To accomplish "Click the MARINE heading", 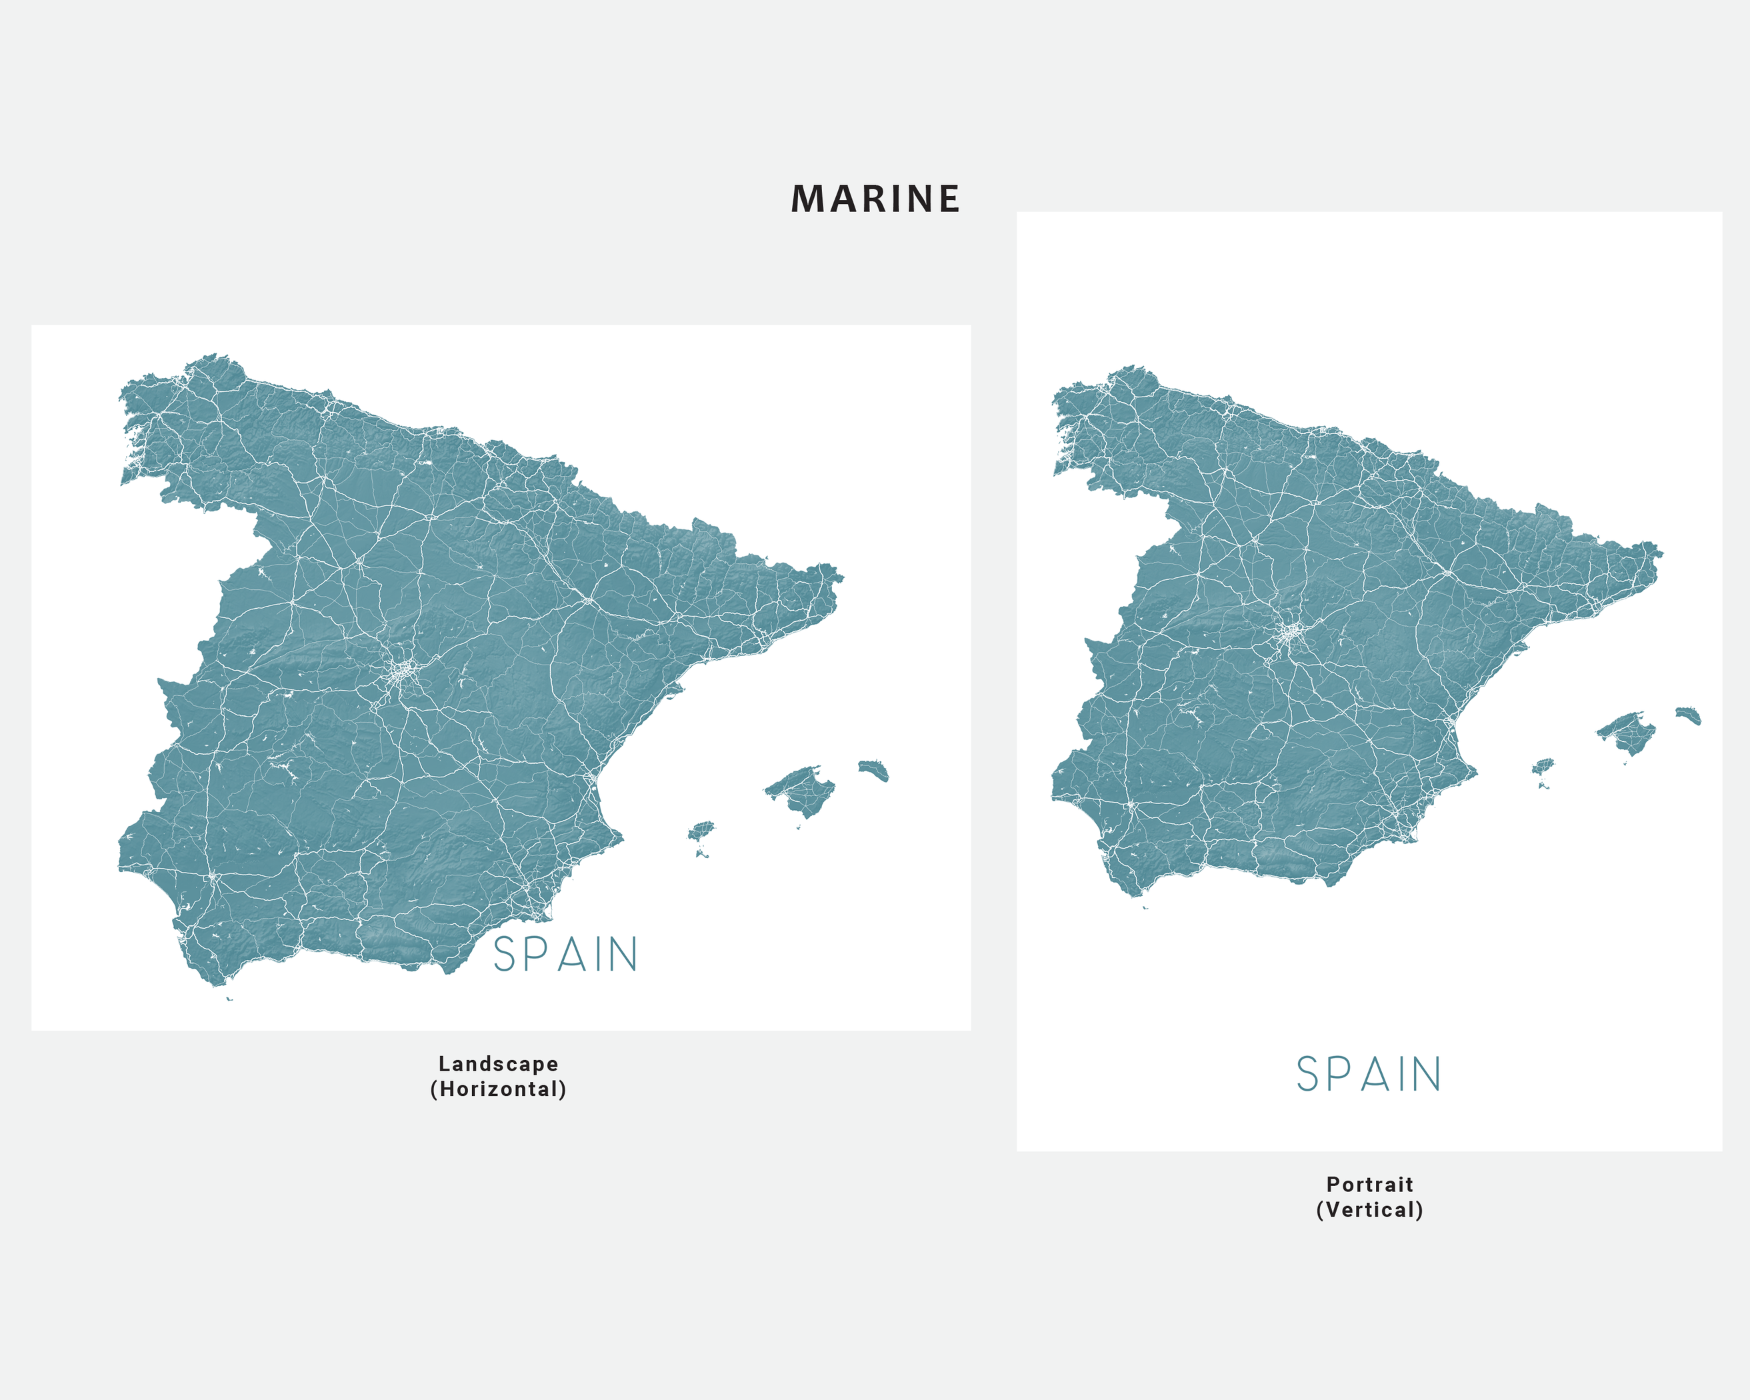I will coord(875,199).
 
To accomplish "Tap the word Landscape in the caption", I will coord(499,1064).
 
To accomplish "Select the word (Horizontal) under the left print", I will coord(499,1089).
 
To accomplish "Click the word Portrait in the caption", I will coord(1370,1184).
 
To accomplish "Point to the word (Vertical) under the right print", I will coord(1370,1210).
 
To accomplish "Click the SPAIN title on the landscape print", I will coord(566,955).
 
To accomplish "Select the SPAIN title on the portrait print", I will coord(1369,1075).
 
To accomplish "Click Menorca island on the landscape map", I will coord(874,769).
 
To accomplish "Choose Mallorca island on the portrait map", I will coord(1627,733).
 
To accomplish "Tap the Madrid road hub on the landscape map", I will coord(403,672).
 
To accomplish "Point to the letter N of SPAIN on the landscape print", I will coord(623,955).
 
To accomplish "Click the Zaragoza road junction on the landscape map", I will coord(587,601).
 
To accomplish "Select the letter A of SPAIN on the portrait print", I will coord(1377,1075).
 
